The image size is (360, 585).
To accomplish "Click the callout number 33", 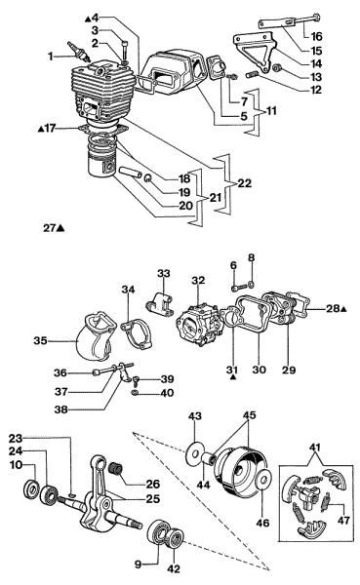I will tap(163, 273).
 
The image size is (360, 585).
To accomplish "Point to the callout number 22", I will tap(244, 183).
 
